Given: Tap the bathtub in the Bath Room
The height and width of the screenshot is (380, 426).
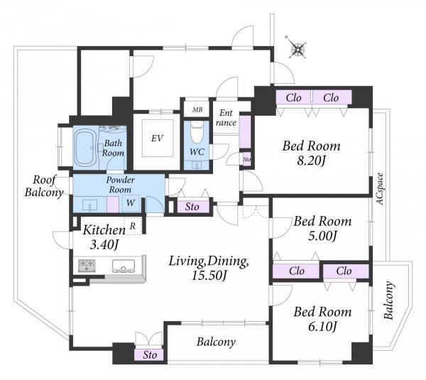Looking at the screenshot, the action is pyautogui.click(x=84, y=147).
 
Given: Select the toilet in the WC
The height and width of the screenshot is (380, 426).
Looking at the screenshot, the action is pyautogui.click(x=197, y=131).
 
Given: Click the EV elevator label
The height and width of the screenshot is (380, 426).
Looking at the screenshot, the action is pyautogui.click(x=157, y=138).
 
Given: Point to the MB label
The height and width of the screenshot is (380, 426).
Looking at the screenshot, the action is pyautogui.click(x=197, y=109).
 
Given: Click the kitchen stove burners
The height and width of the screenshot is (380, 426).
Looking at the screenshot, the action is pyautogui.click(x=87, y=265).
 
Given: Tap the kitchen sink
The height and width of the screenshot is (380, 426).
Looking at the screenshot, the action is pyautogui.click(x=124, y=266).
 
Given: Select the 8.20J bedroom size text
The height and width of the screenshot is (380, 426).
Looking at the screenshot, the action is pyautogui.click(x=311, y=161).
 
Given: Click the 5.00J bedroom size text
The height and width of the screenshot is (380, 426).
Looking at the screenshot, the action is pyautogui.click(x=322, y=236).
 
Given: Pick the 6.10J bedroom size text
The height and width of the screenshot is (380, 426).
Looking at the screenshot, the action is pyautogui.click(x=322, y=326).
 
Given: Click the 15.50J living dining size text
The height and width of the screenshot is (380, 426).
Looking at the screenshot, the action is pyautogui.click(x=209, y=276).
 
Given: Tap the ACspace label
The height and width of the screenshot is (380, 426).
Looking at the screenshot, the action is pyautogui.click(x=380, y=189).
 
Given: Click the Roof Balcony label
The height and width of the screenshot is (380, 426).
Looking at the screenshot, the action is pyautogui.click(x=44, y=186).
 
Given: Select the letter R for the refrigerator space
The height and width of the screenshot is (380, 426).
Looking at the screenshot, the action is pyautogui.click(x=133, y=226).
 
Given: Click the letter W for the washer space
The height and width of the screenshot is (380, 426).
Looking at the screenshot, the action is pyautogui.click(x=131, y=202).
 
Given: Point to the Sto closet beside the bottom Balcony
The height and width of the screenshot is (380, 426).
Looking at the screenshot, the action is pyautogui.click(x=150, y=354).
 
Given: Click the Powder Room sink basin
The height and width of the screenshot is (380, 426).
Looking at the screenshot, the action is pyautogui.click(x=89, y=205).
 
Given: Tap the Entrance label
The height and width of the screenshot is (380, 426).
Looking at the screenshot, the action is pyautogui.click(x=226, y=118).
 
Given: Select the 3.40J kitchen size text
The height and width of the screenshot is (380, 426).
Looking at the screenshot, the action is pyautogui.click(x=104, y=245).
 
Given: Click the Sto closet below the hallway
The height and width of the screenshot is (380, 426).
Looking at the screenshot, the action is pyautogui.click(x=192, y=207).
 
